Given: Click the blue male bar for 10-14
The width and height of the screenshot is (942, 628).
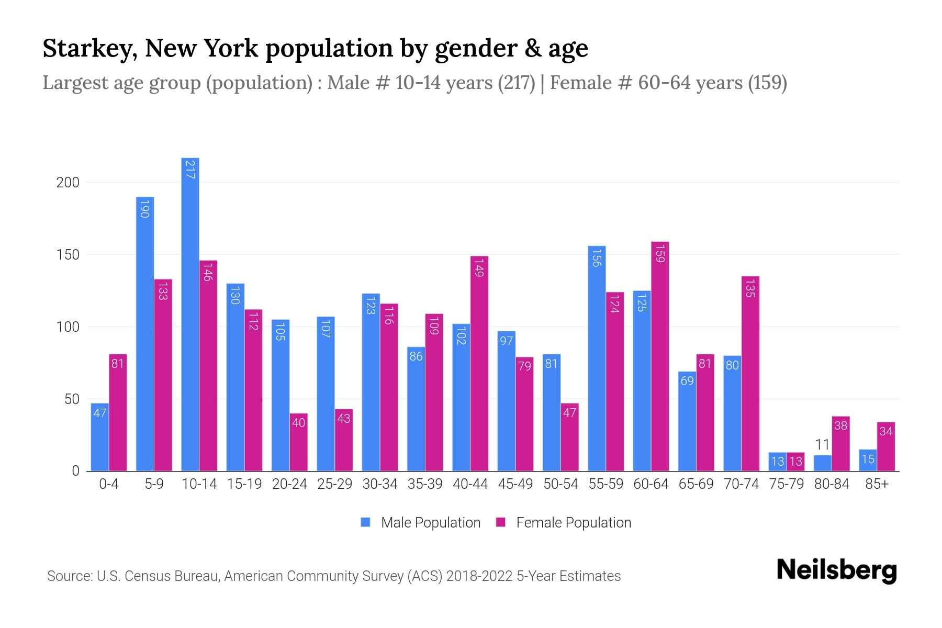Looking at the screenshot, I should [190, 314].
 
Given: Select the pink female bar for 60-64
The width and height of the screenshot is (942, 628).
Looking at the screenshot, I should [660, 356].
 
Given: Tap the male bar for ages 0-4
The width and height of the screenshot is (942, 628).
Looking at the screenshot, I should [99, 437].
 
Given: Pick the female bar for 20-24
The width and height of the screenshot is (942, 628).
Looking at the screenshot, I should [298, 442].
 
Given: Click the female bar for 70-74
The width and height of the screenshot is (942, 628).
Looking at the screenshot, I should [750, 374].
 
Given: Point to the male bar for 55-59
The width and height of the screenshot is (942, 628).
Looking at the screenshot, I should [597, 358].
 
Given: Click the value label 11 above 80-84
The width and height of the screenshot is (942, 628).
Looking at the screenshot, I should [822, 445].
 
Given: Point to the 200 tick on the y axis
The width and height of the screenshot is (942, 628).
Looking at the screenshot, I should [68, 183].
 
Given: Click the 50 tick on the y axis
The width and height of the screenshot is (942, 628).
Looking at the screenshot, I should [72, 399].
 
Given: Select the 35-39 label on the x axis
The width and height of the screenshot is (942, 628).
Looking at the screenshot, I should [425, 484].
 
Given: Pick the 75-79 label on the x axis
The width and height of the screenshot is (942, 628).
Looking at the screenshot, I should [786, 484].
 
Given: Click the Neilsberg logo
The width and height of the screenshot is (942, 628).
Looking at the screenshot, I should [836, 570].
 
